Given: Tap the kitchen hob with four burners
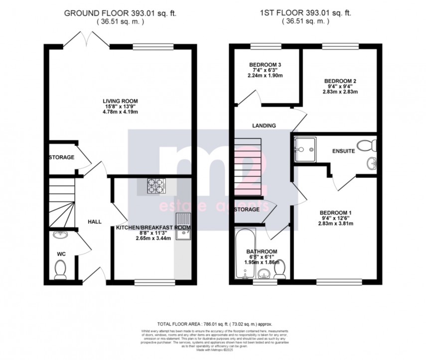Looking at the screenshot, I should [x=154, y=185].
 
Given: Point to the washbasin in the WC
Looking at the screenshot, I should [x=61, y=236].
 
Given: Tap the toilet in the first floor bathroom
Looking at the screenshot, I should [x=280, y=269].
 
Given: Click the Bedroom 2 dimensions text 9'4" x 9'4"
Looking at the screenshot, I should [x=341, y=87].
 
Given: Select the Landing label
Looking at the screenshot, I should [x=264, y=126].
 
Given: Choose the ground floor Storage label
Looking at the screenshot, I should [x=61, y=157].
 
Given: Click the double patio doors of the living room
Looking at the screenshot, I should [x=86, y=40].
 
